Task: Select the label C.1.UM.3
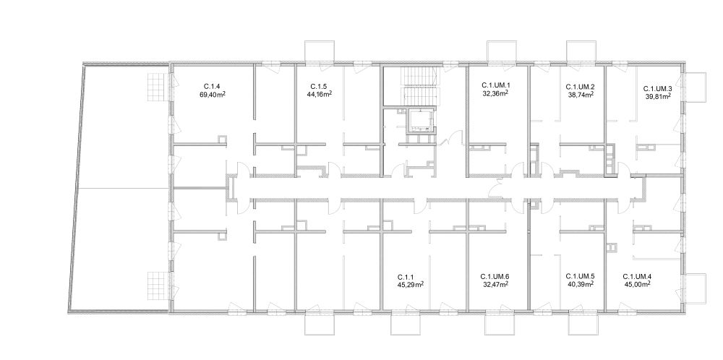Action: [657, 88]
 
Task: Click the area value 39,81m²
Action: [657, 96]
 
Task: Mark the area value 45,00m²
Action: [637, 284]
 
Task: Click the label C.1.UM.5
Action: [580, 277]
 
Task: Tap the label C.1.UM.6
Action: [495, 277]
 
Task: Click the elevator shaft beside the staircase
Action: [421, 120]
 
